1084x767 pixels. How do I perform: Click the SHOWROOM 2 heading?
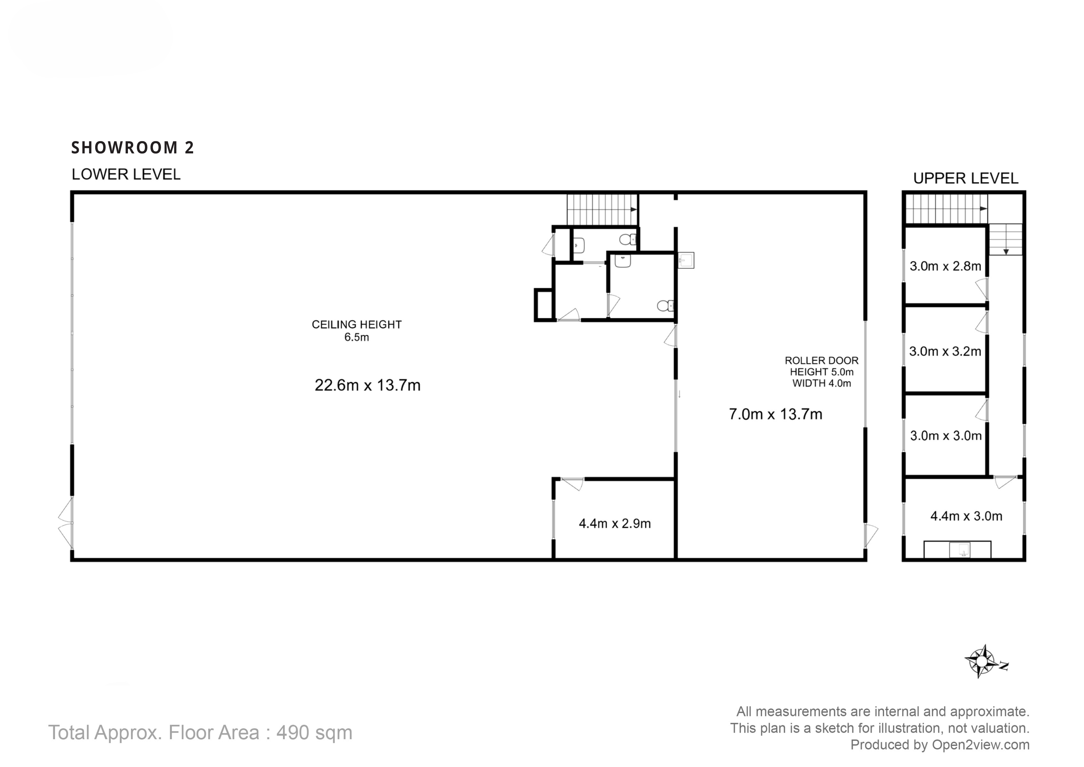pos(132,148)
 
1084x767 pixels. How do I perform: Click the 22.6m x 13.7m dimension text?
pos(367,385)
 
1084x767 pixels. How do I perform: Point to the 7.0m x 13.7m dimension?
pos(775,414)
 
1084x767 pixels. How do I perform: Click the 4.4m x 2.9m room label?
pos(614,523)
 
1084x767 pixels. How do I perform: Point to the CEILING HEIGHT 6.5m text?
pos(357,330)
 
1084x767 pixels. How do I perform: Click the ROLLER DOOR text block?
pos(822,372)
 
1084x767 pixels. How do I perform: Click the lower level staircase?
pos(602,210)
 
